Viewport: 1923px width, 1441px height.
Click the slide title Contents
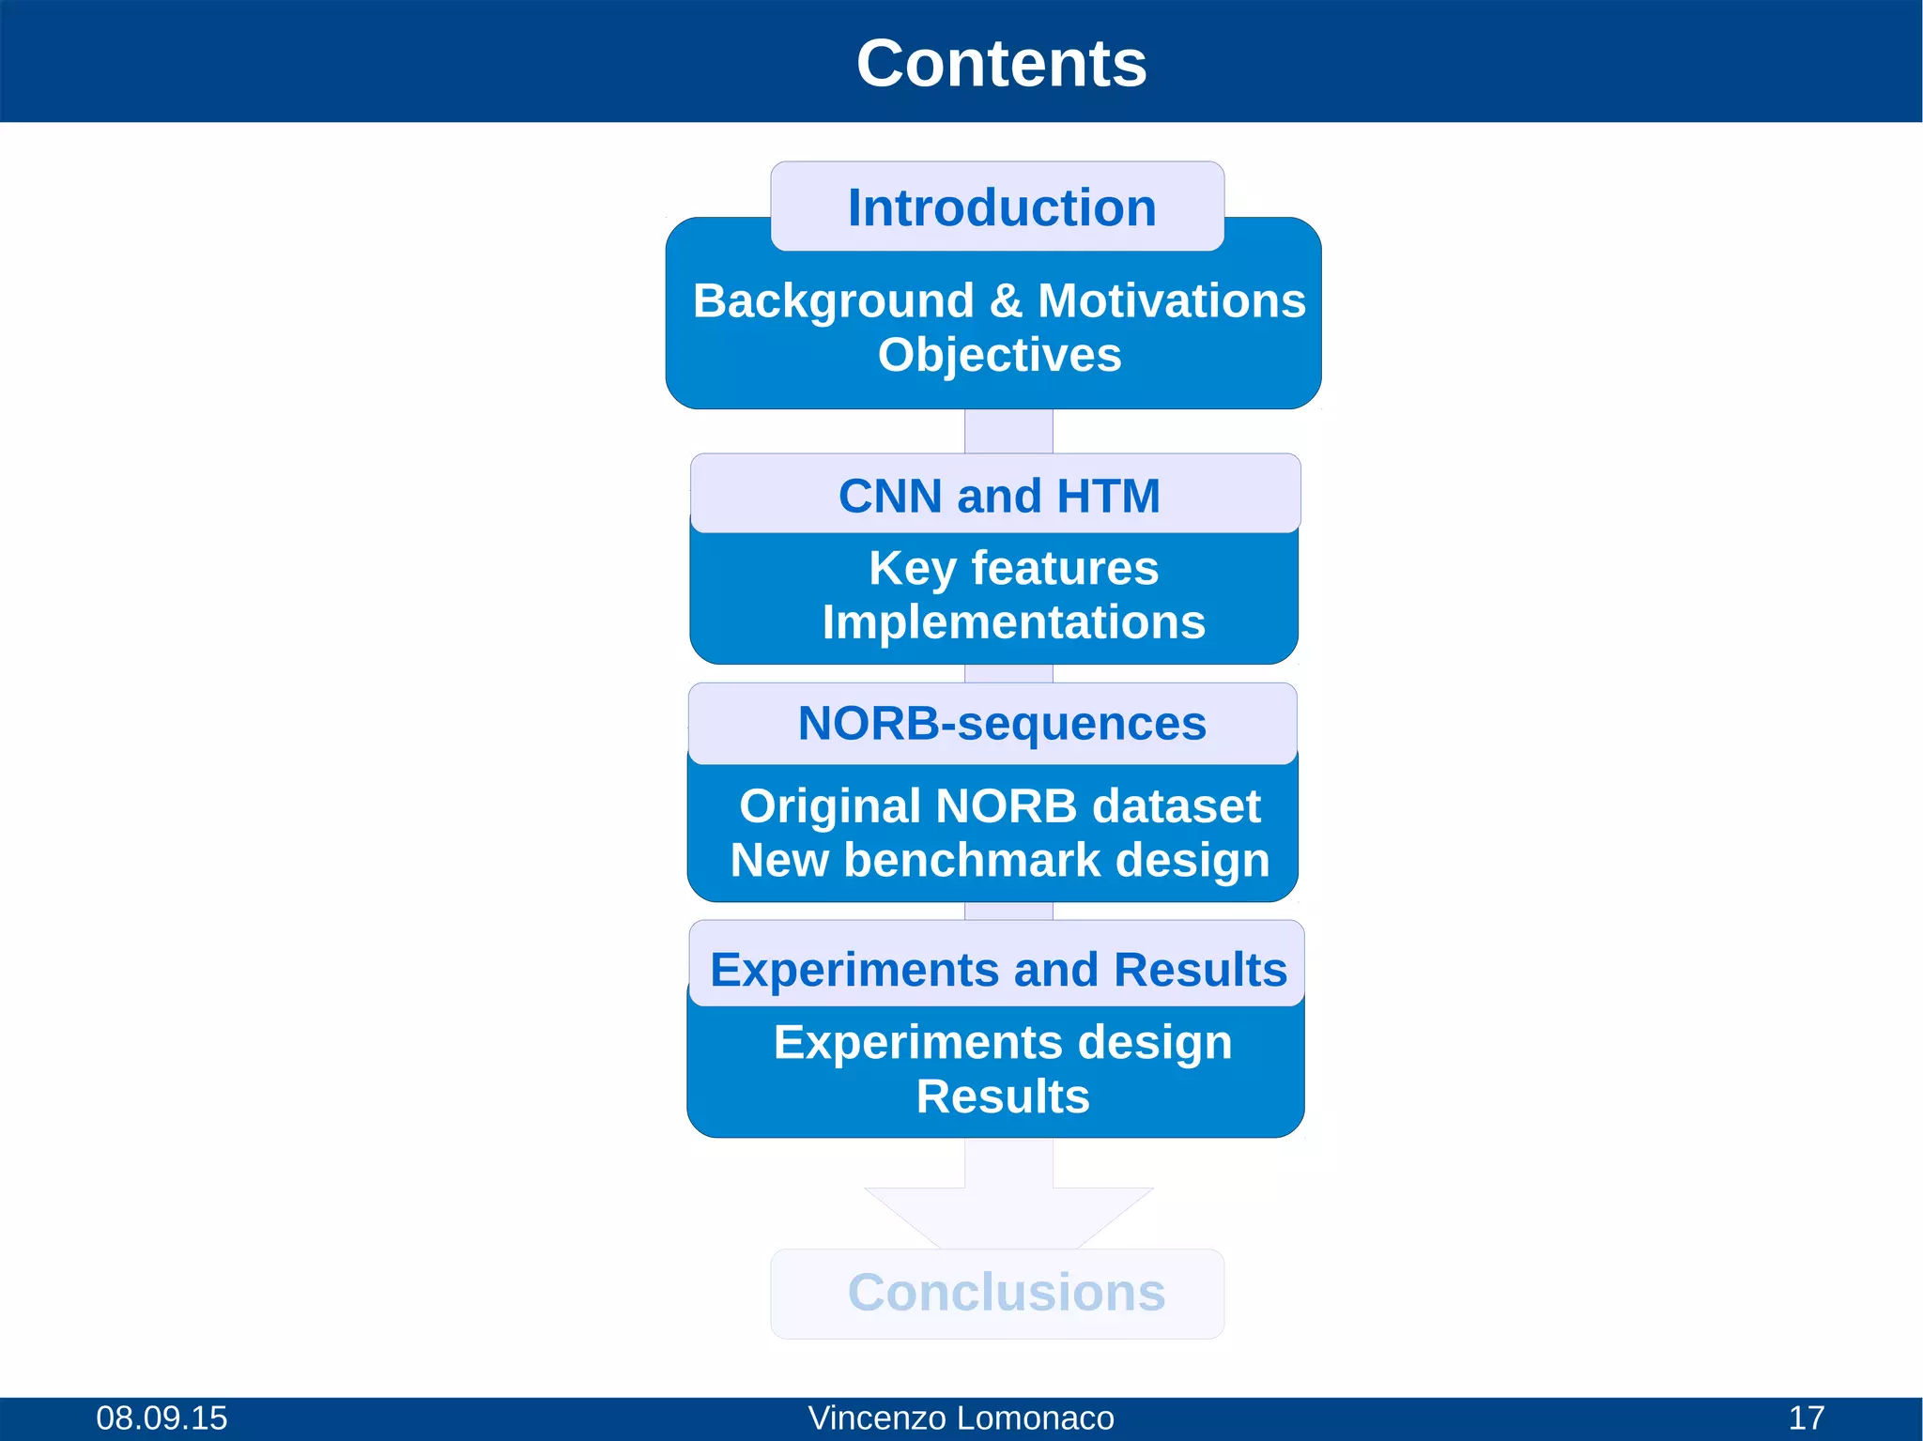[1001, 64]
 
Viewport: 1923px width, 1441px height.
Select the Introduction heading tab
[1001, 207]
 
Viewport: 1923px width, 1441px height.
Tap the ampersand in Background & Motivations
[1006, 301]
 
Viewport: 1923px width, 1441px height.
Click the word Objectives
[999, 355]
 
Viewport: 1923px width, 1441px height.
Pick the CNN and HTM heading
[999, 496]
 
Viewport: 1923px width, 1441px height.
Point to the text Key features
[1013, 568]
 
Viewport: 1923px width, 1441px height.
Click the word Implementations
[1013, 622]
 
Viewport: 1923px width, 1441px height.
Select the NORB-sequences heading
[1001, 724]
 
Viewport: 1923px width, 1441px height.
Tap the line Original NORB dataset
[999, 806]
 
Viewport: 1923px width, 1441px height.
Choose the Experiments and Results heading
[998, 970]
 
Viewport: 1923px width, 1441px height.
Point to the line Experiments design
[1002, 1043]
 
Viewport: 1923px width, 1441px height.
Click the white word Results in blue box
[1002, 1096]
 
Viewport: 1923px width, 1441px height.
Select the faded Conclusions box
[1005, 1293]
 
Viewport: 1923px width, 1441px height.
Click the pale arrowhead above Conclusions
[1008, 1217]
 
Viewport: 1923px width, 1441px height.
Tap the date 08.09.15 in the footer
[162, 1418]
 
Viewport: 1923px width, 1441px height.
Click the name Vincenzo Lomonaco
[961, 1418]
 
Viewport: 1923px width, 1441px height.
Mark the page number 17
[1806, 1418]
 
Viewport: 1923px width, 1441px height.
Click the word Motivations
[1171, 301]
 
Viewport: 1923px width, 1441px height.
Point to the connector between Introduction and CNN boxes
[1008, 432]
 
